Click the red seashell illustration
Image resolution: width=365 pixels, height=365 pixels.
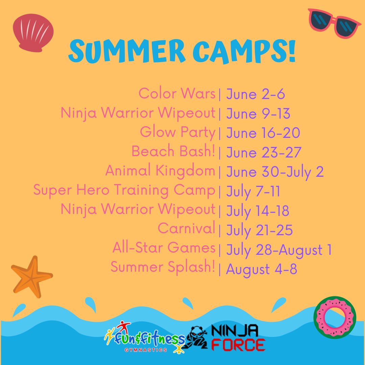[33, 32]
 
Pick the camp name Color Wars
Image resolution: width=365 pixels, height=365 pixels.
[177, 93]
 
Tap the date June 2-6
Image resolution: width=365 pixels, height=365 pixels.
[255, 94]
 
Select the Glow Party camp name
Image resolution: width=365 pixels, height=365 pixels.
[178, 132]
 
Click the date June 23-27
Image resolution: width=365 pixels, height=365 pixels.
[264, 152]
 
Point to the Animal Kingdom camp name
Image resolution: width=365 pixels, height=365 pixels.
[160, 171]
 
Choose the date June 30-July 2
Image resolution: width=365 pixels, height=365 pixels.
[275, 172]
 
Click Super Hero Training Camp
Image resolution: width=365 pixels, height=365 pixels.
[124, 190]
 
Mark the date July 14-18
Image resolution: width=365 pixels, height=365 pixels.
[258, 211]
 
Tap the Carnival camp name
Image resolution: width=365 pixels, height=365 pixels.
[187, 228]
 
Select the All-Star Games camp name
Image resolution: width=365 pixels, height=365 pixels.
[164, 247]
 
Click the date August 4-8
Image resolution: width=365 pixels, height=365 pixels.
[261, 269]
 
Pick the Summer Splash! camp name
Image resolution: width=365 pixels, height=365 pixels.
[163, 267]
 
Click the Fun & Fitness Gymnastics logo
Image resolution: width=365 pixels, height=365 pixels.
[144, 337]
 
